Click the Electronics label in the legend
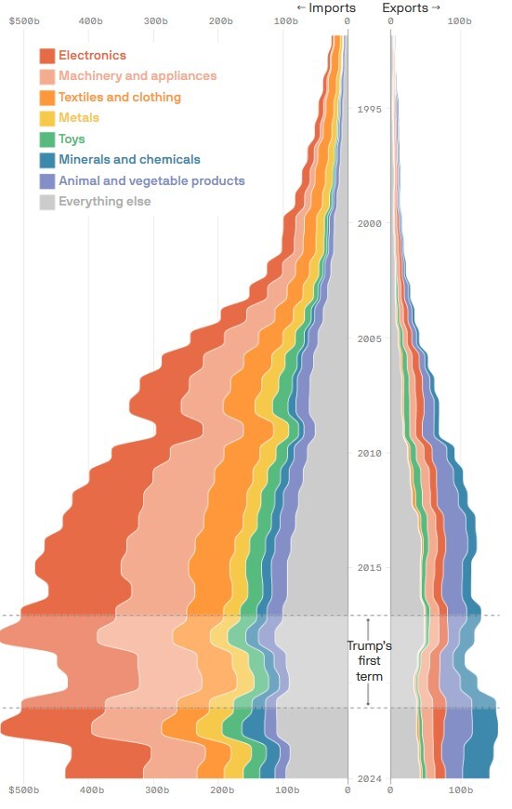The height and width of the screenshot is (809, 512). click(92, 55)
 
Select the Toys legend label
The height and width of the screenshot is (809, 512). click(72, 139)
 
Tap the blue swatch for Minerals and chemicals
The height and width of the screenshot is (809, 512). click(46, 160)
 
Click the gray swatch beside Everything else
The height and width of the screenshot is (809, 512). click(46, 202)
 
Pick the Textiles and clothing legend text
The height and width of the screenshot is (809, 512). click(120, 97)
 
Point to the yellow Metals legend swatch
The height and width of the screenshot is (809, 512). click(46, 118)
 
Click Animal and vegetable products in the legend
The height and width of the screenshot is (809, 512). click(151, 180)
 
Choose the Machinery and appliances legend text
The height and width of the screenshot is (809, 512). click(138, 76)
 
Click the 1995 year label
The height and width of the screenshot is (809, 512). click(369, 109)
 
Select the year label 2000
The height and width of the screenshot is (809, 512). click(369, 223)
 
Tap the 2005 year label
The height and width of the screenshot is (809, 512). click(369, 338)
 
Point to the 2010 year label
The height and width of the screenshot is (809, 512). click(369, 453)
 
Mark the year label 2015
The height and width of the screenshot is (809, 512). click(369, 567)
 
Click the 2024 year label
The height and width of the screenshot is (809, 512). click(369, 778)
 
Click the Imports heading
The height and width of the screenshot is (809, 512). click(326, 7)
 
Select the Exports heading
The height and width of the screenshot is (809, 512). click(411, 7)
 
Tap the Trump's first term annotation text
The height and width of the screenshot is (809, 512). click(369, 661)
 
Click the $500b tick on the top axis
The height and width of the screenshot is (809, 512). click(24, 21)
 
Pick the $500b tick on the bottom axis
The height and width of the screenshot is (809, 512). click(24, 789)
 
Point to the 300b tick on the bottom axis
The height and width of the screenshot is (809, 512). click(157, 789)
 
